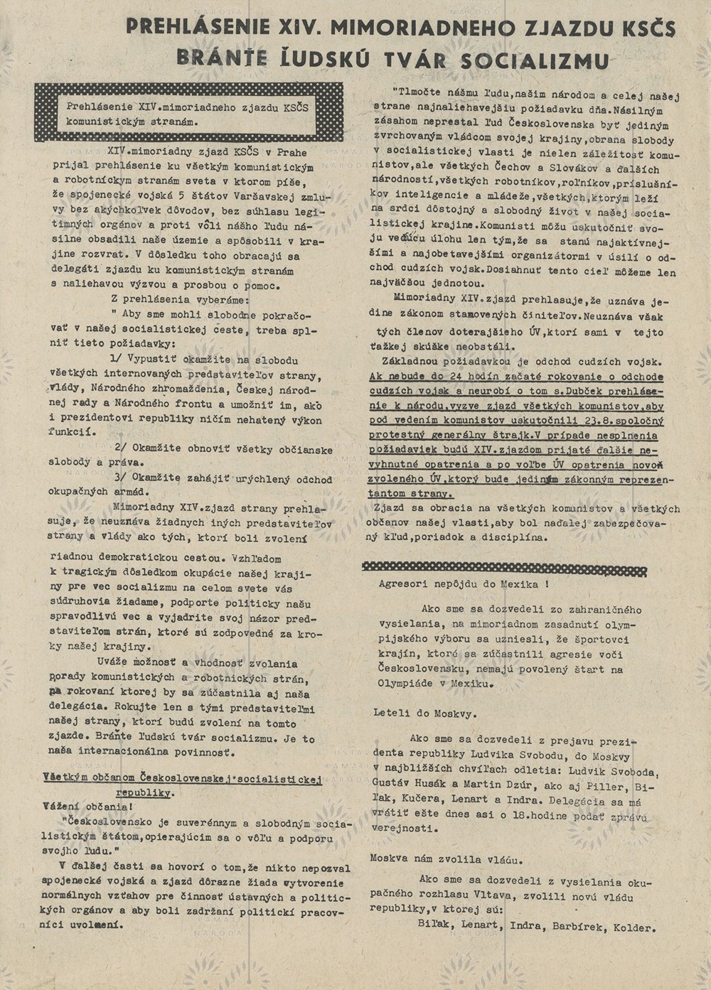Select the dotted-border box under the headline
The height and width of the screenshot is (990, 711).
click(x=188, y=112)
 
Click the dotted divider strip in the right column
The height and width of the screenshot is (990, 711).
click(x=504, y=569)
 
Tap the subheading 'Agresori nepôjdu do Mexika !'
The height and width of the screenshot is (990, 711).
click(x=464, y=584)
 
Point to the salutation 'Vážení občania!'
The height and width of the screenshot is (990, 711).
click(x=86, y=807)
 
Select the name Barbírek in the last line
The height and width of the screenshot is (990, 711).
click(x=570, y=927)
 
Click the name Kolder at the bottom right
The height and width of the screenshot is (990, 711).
click(x=636, y=927)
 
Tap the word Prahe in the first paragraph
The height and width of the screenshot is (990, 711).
click(x=291, y=152)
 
